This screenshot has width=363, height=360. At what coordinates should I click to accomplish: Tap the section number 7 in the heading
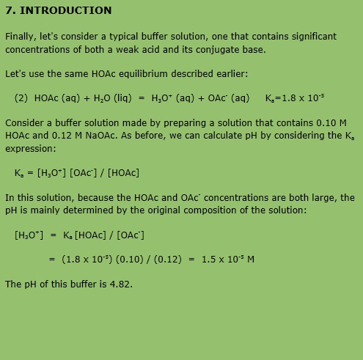9,10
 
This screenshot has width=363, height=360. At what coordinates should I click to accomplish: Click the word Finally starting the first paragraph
22,36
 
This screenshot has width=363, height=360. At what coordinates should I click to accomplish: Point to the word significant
309,36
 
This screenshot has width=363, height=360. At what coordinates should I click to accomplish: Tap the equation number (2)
21,98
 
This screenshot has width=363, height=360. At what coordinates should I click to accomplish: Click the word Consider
26,122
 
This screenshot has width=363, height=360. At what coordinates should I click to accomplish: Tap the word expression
30,148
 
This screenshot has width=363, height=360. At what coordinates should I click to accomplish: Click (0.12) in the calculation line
166,259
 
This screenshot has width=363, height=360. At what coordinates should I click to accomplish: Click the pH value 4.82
120,284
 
